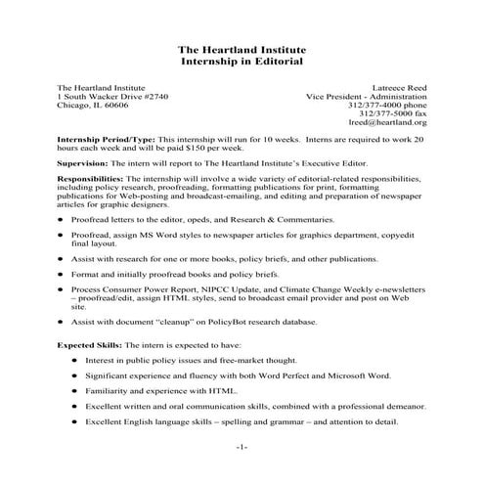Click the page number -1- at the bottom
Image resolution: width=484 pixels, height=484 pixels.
(242, 447)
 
